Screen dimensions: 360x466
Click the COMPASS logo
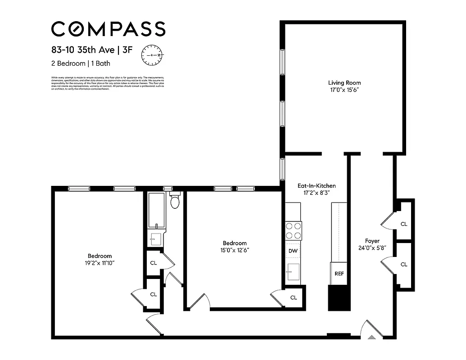pos(108,29)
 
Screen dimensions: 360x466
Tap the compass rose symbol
pos(153,55)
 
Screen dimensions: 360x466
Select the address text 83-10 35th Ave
pos(82,50)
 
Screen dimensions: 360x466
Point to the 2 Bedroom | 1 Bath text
pos(81,63)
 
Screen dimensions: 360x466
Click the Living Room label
pos(344,83)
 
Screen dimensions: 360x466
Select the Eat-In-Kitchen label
pos(317,185)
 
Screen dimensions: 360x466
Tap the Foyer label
pos(372,241)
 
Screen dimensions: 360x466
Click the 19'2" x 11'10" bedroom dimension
pos(100,263)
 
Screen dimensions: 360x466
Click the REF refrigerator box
pos(339,274)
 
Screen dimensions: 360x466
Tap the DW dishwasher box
pos(293,250)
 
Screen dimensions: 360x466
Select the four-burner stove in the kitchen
pos(294,231)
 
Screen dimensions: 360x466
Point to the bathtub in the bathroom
pos(157,211)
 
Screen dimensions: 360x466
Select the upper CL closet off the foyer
pos(404,224)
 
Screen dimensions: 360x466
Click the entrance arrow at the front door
pos(372,336)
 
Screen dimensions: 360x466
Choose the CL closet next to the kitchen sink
pos(294,297)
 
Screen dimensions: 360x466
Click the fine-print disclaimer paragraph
pos(108,83)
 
